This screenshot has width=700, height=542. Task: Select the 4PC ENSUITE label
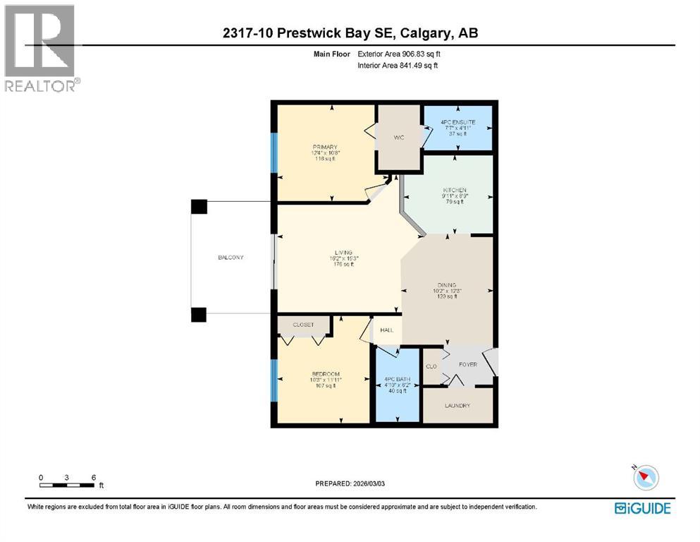point(458,122)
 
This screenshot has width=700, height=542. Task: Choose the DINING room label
point(446,285)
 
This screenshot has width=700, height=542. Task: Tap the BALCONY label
point(231,258)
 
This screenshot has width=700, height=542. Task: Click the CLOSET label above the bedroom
point(303,325)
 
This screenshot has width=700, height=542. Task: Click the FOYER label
point(467,364)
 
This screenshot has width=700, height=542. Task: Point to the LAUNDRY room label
point(458,406)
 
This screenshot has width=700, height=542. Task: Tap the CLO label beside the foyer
point(431,366)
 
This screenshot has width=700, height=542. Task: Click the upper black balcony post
point(199,206)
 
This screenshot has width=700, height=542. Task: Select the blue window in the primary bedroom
point(274,152)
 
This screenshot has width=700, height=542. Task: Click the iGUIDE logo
point(642,508)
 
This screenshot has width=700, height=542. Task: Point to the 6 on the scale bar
point(93,478)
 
